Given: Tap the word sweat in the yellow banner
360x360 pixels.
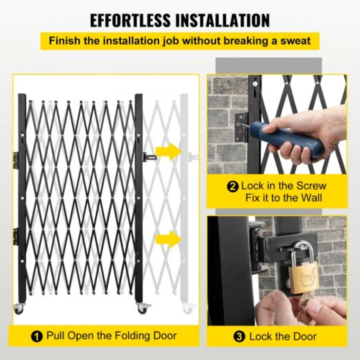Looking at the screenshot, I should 295,40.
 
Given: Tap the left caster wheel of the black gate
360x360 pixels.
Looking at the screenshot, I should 19,309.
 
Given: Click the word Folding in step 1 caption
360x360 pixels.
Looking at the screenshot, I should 124,336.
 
